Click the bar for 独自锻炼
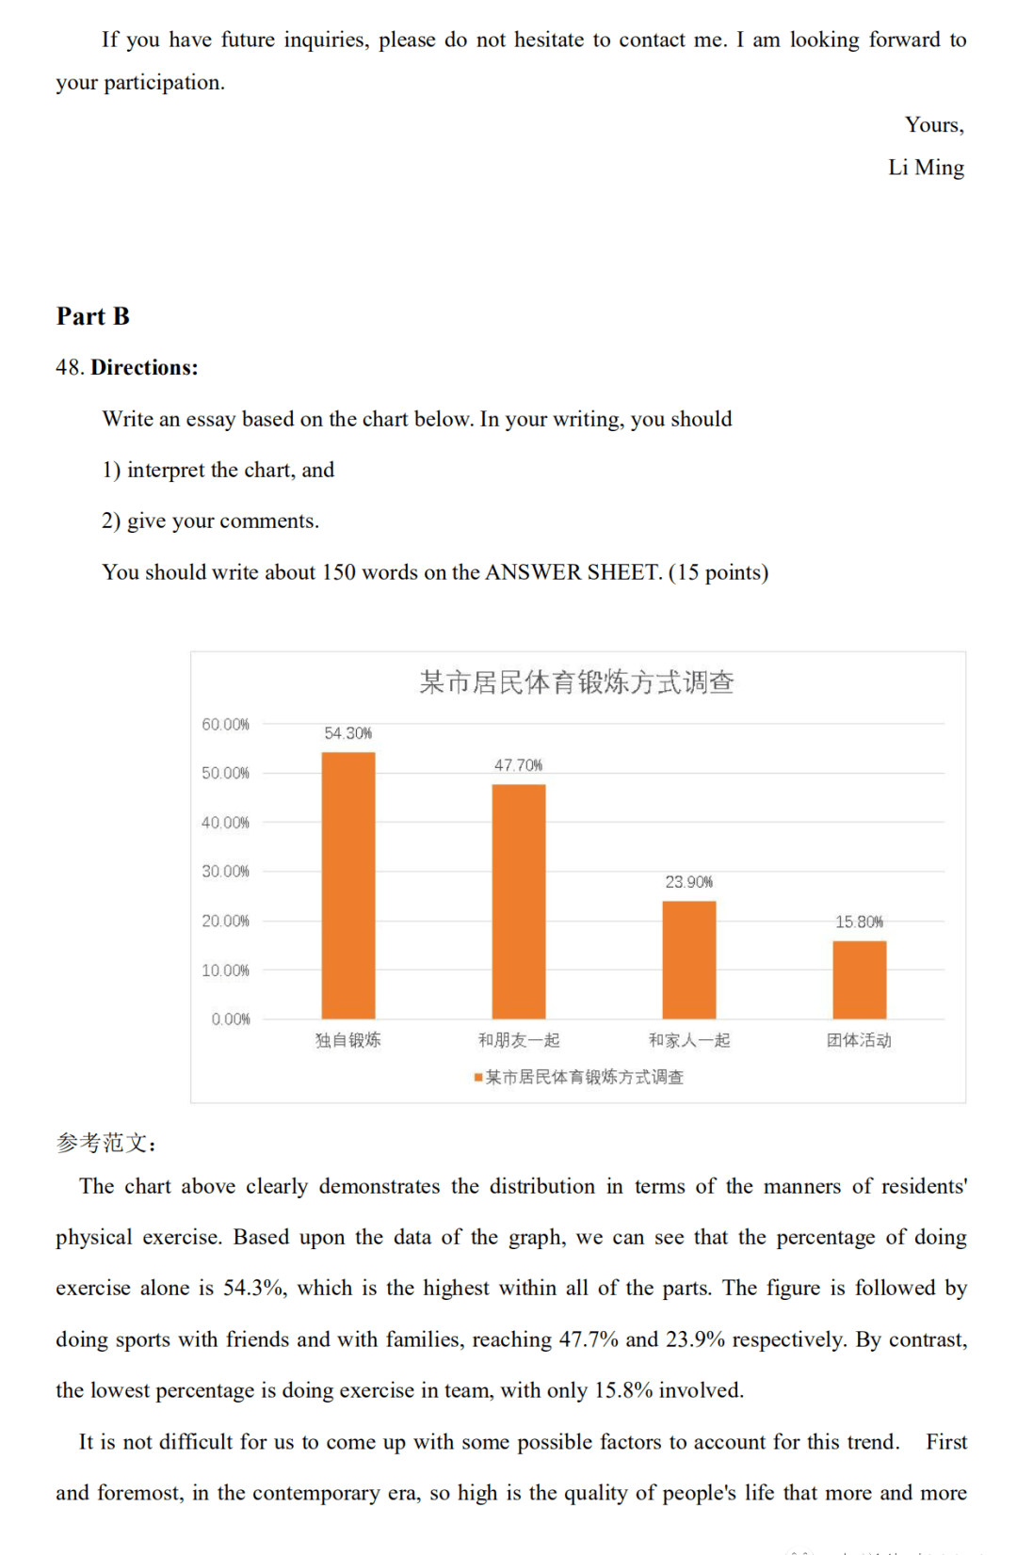(348, 885)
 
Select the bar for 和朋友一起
(519, 901)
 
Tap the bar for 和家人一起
(689, 959)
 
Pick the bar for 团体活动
(859, 979)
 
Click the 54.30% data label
(348, 733)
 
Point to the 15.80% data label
(859, 922)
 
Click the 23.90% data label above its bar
(689, 882)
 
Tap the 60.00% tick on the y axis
(226, 724)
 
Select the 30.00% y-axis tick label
(226, 872)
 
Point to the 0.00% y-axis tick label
(231, 1019)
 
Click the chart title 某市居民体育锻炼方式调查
(576, 682)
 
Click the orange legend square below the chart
(478, 1077)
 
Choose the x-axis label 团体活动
(859, 1040)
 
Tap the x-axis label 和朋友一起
(519, 1040)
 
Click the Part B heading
(93, 316)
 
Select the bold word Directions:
(144, 368)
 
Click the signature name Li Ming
(926, 168)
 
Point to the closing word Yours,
(934, 125)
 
